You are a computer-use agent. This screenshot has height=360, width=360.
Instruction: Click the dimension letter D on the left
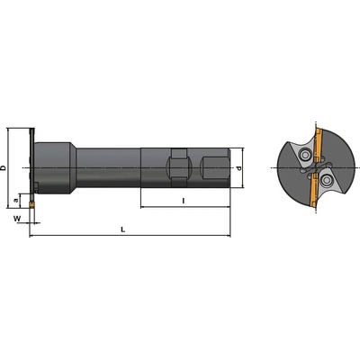pyautogui.click(x=4, y=167)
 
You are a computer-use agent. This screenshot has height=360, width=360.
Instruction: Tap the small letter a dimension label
pyautogui.click(x=16, y=200)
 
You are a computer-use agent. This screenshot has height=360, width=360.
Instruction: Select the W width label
pyautogui.click(x=17, y=219)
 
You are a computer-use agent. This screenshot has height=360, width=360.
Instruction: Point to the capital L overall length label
pyautogui.click(x=123, y=229)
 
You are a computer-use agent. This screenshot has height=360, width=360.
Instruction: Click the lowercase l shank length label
pyautogui.click(x=184, y=201)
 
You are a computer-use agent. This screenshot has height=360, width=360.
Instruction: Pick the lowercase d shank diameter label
pyautogui.click(x=238, y=167)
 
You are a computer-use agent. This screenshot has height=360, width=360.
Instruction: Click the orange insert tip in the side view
pyautogui.click(x=31, y=205)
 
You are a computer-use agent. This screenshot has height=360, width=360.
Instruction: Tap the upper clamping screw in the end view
pyautogui.click(x=306, y=155)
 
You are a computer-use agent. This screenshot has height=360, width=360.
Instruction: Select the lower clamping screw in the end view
pyautogui.click(x=325, y=180)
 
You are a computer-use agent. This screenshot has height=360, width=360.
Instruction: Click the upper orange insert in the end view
pyautogui.click(x=318, y=143)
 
